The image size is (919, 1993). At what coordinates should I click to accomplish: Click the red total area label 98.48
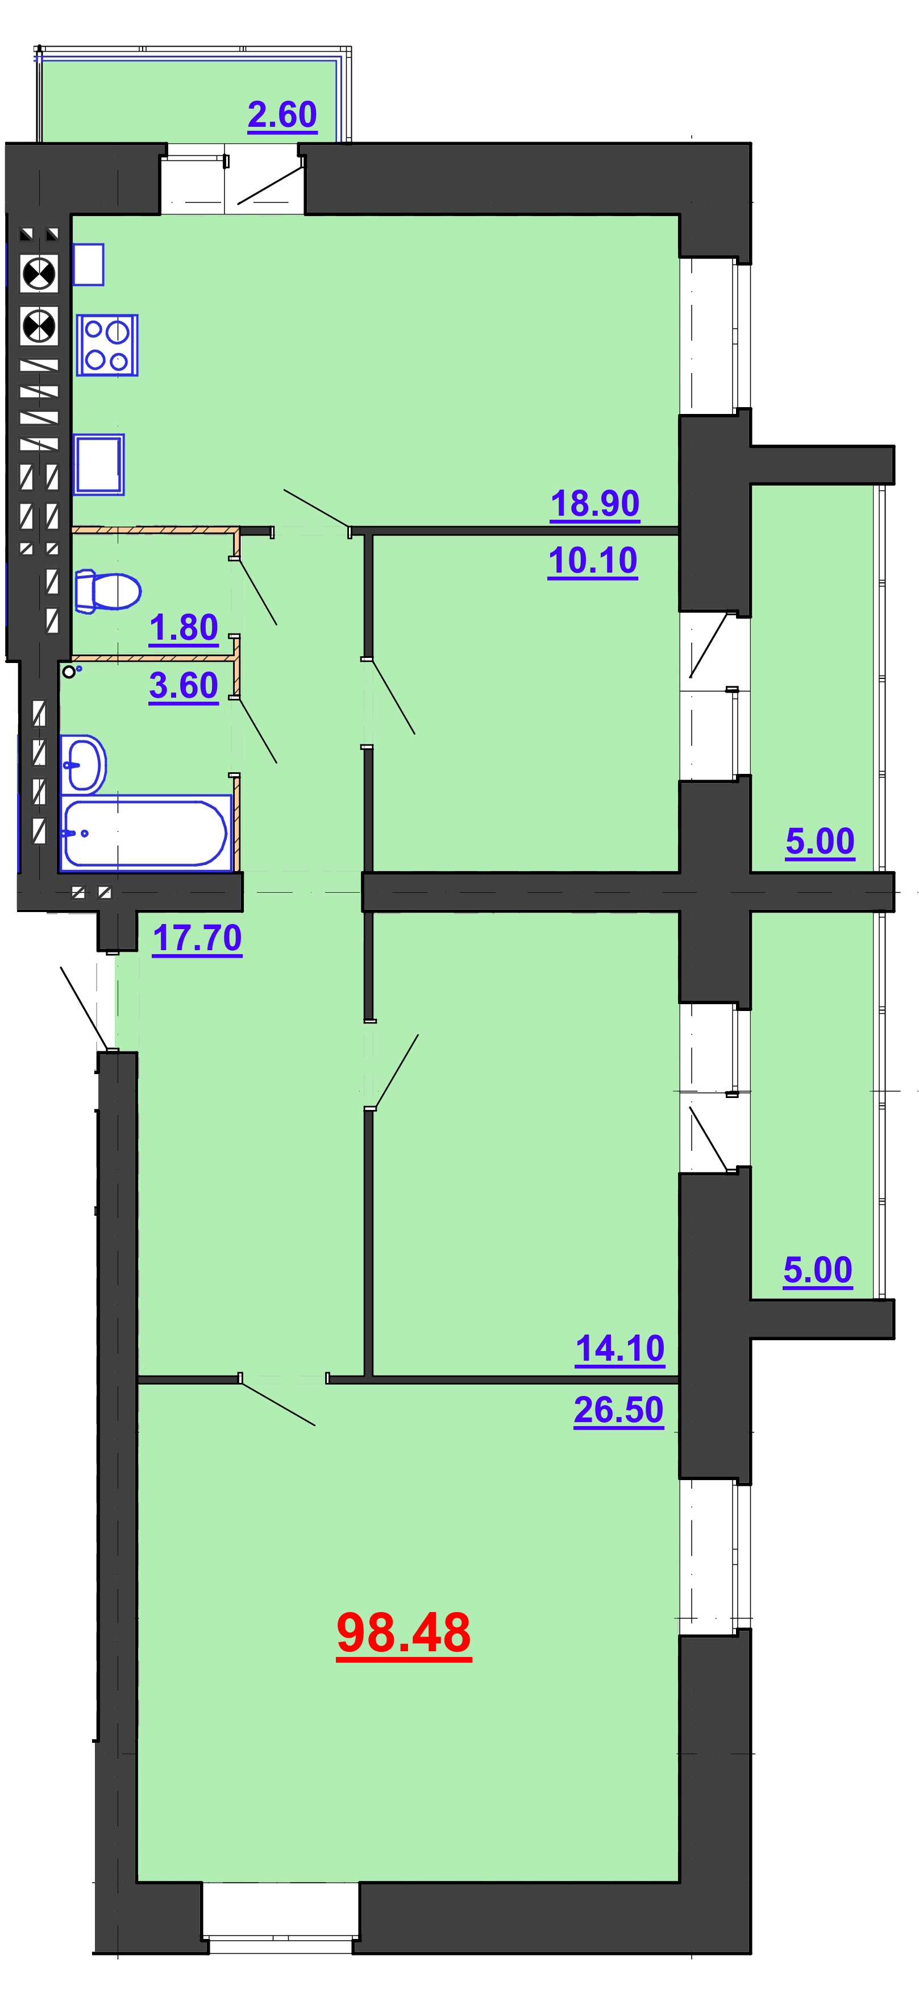pyautogui.click(x=404, y=1633)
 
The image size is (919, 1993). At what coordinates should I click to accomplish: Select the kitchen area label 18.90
pyautogui.click(x=595, y=504)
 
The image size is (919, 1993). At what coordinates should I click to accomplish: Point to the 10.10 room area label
pyautogui.click(x=593, y=561)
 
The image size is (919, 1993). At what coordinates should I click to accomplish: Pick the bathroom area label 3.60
pyautogui.click(x=184, y=686)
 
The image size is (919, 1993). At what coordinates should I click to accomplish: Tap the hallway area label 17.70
pyautogui.click(x=197, y=938)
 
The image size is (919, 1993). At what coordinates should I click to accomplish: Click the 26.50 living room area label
pyautogui.click(x=619, y=1410)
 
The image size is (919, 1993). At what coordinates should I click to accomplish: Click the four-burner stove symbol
pyautogui.click(x=107, y=345)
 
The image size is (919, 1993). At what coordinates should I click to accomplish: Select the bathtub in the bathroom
pyautogui.click(x=145, y=832)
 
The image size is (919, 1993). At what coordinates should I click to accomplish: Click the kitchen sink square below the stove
pyautogui.click(x=99, y=464)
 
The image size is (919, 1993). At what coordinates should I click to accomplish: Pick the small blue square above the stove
pyautogui.click(x=88, y=264)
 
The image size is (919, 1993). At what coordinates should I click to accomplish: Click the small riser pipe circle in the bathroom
pyautogui.click(x=69, y=672)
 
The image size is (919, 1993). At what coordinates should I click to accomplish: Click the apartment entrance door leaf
pyautogui.click(x=84, y=1008)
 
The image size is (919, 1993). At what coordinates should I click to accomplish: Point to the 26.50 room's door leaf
pyautogui.click(x=278, y=1403)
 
